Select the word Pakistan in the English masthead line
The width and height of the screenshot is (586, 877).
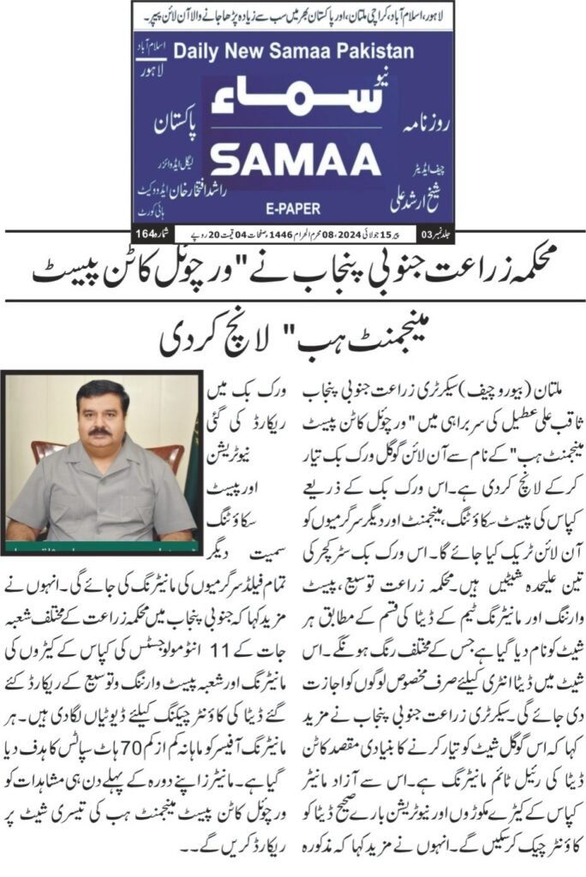(x=374, y=51)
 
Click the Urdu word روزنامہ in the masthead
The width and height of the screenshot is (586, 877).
(x=417, y=116)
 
